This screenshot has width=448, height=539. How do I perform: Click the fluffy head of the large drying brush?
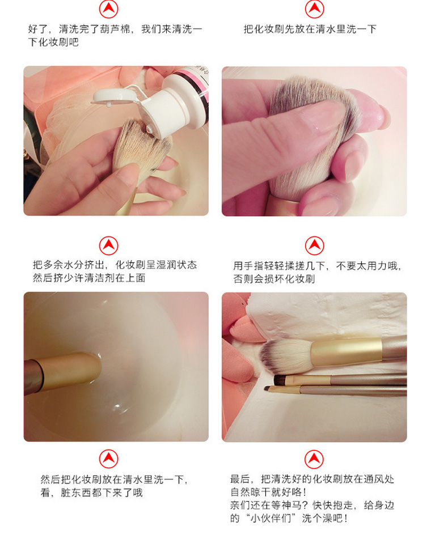point(285,356)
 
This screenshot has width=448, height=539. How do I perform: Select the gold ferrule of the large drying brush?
point(346,352)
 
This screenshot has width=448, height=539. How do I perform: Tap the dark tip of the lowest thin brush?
point(267,389)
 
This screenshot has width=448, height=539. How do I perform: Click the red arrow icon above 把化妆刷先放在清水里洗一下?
point(315,9)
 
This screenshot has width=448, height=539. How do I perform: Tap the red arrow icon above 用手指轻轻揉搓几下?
point(315,245)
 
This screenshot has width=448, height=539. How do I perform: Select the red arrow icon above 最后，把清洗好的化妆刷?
point(314,459)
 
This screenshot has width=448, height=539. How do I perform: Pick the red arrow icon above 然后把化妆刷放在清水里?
point(109,459)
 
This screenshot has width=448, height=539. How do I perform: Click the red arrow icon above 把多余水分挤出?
point(109,245)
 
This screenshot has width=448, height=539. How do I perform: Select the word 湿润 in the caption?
point(167,265)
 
